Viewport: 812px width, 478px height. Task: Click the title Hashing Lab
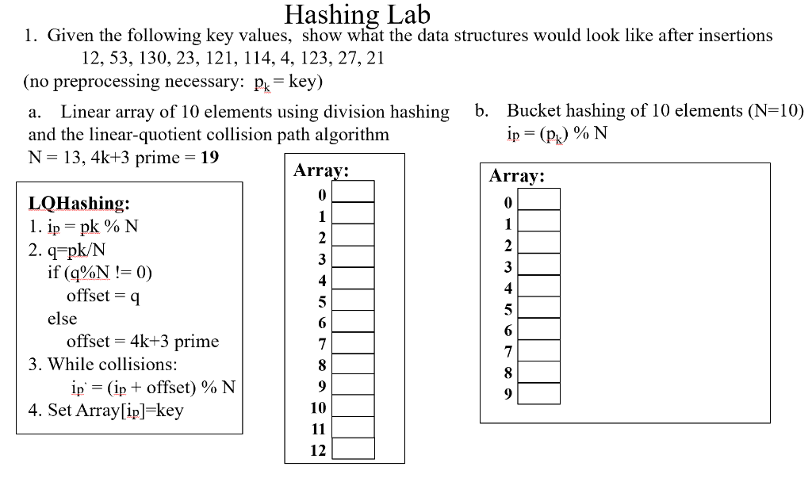click(357, 14)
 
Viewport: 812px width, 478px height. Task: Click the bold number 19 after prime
click(210, 156)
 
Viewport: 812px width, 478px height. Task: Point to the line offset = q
click(103, 296)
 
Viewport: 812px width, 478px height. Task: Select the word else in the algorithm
click(62, 319)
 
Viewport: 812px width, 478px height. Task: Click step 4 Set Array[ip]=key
click(105, 411)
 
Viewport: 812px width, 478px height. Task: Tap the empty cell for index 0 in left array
click(353, 192)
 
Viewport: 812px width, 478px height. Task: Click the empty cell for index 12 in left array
click(353, 449)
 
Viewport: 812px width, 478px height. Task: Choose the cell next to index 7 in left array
click(353, 342)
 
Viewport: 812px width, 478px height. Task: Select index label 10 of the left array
click(318, 407)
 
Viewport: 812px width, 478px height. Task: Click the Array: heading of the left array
click(321, 170)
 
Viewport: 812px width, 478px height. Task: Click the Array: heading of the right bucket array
click(517, 176)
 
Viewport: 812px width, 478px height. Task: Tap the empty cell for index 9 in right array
click(539, 393)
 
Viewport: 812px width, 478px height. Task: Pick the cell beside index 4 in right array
click(539, 288)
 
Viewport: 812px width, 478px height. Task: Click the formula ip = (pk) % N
click(557, 133)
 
